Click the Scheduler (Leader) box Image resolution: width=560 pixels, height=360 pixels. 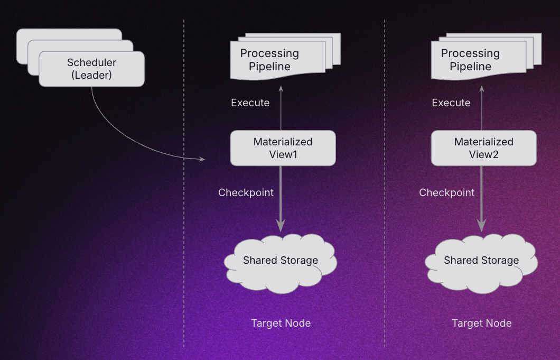pyautogui.click(x=91, y=69)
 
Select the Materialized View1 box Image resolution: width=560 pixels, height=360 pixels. pyautogui.click(x=283, y=148)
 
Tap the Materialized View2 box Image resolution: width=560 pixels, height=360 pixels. pyautogui.click(x=483, y=148)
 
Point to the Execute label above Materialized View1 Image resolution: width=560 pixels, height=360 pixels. pyautogui.click(x=250, y=103)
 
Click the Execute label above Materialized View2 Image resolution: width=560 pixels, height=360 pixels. pyautogui.click(x=451, y=103)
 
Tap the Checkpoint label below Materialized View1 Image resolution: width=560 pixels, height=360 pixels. pyautogui.click(x=246, y=192)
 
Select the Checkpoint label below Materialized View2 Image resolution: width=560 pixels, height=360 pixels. pyautogui.click(x=447, y=192)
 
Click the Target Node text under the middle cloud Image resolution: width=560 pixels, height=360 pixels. pyautogui.click(x=281, y=323)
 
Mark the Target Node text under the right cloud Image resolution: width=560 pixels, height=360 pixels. pyautogui.click(x=482, y=323)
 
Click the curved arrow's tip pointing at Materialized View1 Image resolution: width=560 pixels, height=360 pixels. pyautogui.click(x=203, y=159)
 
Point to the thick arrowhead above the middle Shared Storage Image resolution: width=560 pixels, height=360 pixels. pyautogui.click(x=281, y=225)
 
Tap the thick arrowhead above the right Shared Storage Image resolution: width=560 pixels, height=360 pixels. pyautogui.click(x=481, y=225)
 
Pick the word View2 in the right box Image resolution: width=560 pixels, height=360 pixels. pyautogui.click(x=484, y=154)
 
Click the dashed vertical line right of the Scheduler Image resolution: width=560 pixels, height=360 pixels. pyautogui.click(x=184, y=211)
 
